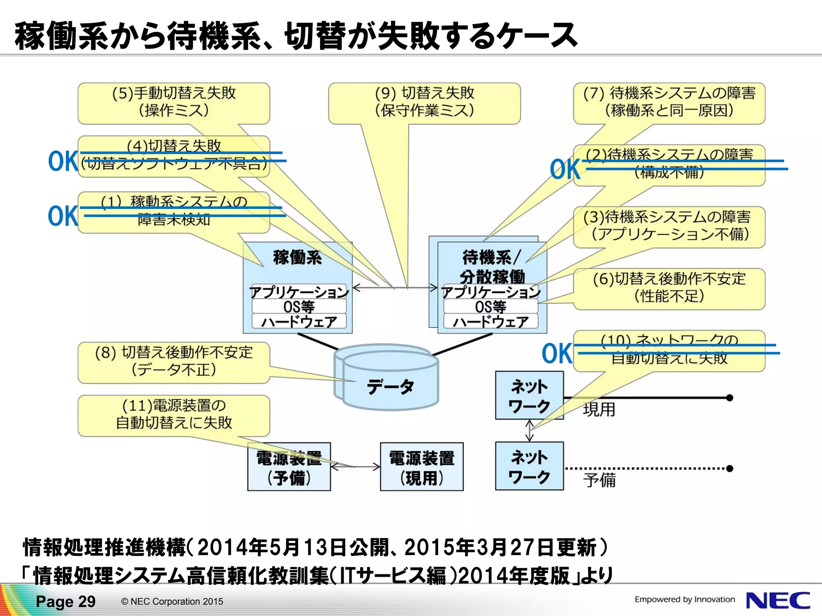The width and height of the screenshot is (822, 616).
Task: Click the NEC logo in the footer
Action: click(x=777, y=600)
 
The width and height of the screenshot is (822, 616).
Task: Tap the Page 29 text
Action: click(x=65, y=602)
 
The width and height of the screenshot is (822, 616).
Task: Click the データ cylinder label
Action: click(x=390, y=387)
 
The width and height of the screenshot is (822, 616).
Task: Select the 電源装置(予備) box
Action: click(x=289, y=467)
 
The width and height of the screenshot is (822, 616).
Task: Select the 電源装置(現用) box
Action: click(x=421, y=467)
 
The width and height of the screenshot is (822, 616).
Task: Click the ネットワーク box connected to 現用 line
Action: click(x=529, y=395)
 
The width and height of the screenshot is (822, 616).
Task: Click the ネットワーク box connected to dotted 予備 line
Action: click(x=529, y=466)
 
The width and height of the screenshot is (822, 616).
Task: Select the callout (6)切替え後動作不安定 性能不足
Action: click(x=669, y=288)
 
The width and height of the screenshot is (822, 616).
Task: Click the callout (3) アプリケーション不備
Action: click(x=669, y=226)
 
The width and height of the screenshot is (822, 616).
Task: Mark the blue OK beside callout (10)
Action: click(x=557, y=353)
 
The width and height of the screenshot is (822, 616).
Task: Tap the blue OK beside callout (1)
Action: click(x=63, y=216)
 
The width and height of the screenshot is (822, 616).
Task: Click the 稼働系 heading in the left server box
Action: click(x=297, y=257)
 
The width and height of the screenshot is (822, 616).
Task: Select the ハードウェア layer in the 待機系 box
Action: click(x=490, y=322)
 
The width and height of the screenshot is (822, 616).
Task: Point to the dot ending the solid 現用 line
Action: click(x=730, y=397)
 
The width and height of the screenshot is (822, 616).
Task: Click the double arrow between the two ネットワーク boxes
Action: click(x=529, y=430)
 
